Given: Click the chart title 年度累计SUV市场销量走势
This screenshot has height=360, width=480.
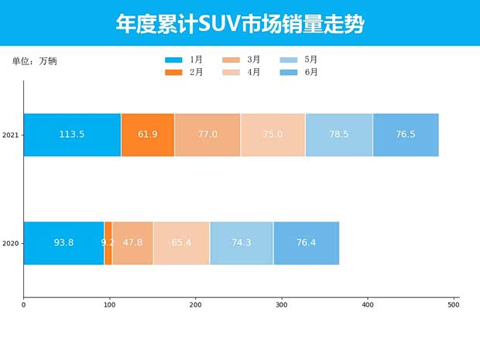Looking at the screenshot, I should click(x=240, y=23).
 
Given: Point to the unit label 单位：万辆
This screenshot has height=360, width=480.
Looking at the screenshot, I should click(x=35, y=61).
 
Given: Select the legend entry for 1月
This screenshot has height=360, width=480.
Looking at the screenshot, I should click(x=184, y=60).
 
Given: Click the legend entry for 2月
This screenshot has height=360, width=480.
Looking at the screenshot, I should click(x=184, y=73).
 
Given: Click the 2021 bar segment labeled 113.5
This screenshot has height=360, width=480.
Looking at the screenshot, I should click(x=72, y=135).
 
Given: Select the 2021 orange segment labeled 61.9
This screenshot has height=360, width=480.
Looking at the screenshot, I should click(x=148, y=135).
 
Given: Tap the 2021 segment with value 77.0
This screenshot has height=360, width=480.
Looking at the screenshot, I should click(x=207, y=135).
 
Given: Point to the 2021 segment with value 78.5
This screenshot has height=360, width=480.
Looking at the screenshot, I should click(x=339, y=135).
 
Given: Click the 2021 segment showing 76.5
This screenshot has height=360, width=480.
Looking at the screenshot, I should click(x=406, y=135).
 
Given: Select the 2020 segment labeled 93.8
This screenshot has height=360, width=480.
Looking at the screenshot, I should click(x=63, y=243).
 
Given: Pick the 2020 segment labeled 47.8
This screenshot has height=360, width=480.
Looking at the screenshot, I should click(x=132, y=243).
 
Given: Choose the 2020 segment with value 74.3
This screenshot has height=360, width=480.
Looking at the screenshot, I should click(x=242, y=243).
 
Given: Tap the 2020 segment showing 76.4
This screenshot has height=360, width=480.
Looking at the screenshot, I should click(x=306, y=243).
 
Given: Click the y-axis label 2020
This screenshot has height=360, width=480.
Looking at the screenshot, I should click(x=10, y=243).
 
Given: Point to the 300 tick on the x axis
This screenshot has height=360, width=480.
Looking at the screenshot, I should click(x=282, y=305).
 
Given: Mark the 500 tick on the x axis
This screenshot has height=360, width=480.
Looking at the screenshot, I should click(x=454, y=305).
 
